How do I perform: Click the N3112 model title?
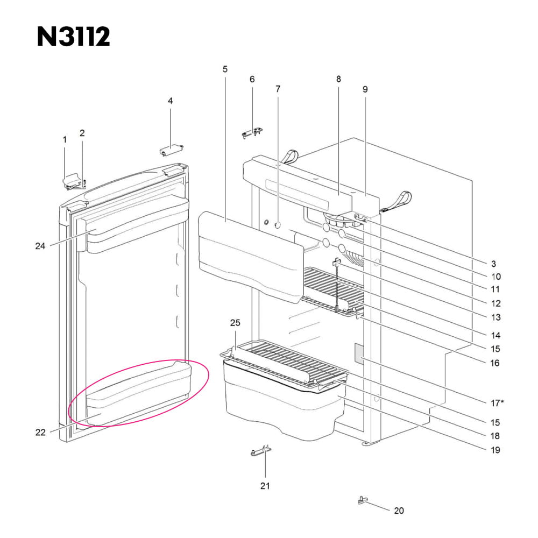click(73, 37)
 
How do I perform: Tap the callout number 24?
click(40, 246)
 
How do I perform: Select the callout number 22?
click(40, 432)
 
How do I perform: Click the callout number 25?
click(235, 323)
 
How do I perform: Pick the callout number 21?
click(265, 486)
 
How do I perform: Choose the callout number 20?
click(399, 510)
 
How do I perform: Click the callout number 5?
click(225, 69)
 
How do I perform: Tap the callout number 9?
click(365, 89)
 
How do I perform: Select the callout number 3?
click(493, 264)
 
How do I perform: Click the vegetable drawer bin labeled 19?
click(280, 409)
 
